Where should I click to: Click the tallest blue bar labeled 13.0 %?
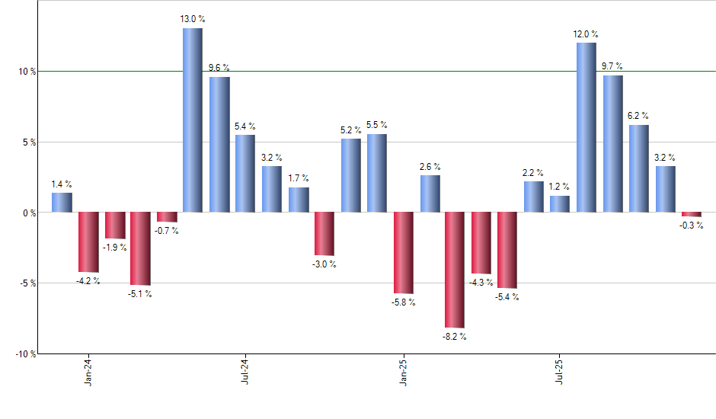192,120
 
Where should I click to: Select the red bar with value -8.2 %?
455,270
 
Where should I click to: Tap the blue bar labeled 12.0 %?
586,127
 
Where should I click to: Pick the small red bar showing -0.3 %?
691,214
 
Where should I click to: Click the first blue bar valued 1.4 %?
62,203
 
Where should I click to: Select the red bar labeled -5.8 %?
402,253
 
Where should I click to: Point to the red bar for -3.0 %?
324,234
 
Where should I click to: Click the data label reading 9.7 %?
612,66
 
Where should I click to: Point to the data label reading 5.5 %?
376,125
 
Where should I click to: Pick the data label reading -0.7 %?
167,231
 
